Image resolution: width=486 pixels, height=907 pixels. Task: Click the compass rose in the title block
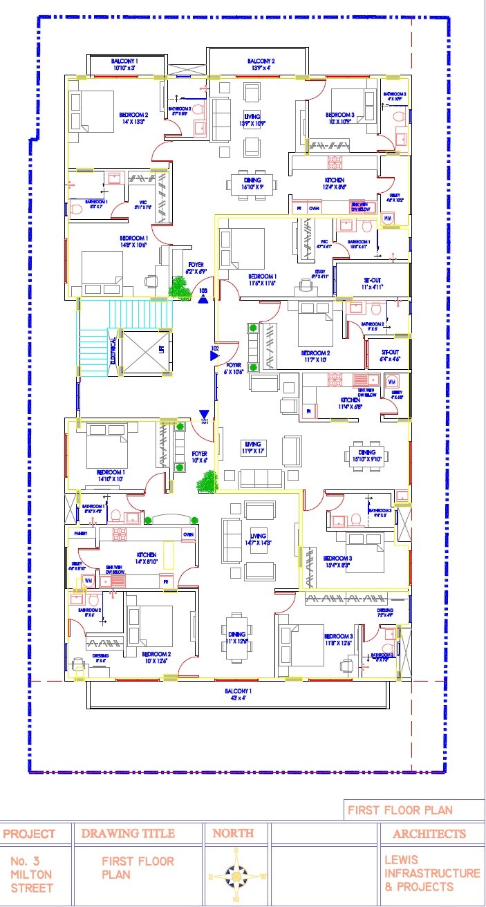click(237, 875)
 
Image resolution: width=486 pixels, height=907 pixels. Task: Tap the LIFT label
click(161, 350)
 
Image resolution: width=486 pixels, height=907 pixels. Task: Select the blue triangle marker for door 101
click(203, 411)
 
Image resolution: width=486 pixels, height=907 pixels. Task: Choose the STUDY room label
click(319, 272)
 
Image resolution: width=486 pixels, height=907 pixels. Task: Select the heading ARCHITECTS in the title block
click(429, 834)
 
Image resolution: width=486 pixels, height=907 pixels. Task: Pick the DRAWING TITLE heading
click(128, 834)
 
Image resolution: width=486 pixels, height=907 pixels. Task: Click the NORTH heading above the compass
click(233, 834)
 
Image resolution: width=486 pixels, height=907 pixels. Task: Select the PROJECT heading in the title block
click(29, 834)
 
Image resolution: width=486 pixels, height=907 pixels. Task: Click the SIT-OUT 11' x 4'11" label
click(372, 282)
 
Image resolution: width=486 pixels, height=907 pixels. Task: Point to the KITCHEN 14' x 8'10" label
click(146, 558)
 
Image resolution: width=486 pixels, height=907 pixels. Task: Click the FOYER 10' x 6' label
click(199, 457)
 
